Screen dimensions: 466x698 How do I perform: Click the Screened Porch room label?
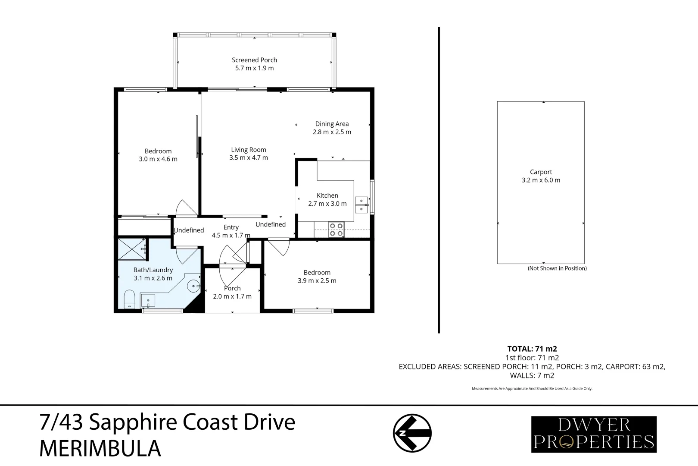[x=254, y=60]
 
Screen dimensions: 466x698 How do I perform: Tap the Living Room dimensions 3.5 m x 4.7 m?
[x=249, y=158]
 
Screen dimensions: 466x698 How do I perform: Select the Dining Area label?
[x=332, y=124]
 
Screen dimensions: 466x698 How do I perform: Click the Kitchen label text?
[x=327, y=195]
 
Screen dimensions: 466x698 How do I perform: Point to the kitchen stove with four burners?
[x=336, y=230]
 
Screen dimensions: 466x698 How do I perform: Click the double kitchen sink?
[x=361, y=205]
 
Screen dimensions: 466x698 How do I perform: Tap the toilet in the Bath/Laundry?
[x=129, y=299]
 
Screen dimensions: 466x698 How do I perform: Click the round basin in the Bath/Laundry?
[x=194, y=285]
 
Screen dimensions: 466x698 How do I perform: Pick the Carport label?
[x=541, y=172]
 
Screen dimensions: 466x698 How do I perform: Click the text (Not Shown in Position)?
[x=557, y=268]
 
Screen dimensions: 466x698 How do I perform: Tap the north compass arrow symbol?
[x=412, y=433]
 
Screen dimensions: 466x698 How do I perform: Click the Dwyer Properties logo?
[x=594, y=434]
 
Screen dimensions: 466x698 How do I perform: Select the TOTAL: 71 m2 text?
[x=532, y=349]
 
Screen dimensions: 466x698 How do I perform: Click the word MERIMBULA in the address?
[x=100, y=449]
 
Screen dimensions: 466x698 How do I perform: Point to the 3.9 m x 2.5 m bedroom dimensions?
[x=317, y=280]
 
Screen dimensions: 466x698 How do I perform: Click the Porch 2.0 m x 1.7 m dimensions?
[x=232, y=296]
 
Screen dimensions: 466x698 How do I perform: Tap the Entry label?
[x=231, y=227]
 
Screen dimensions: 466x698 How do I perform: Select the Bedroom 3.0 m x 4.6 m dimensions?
[x=158, y=159]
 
